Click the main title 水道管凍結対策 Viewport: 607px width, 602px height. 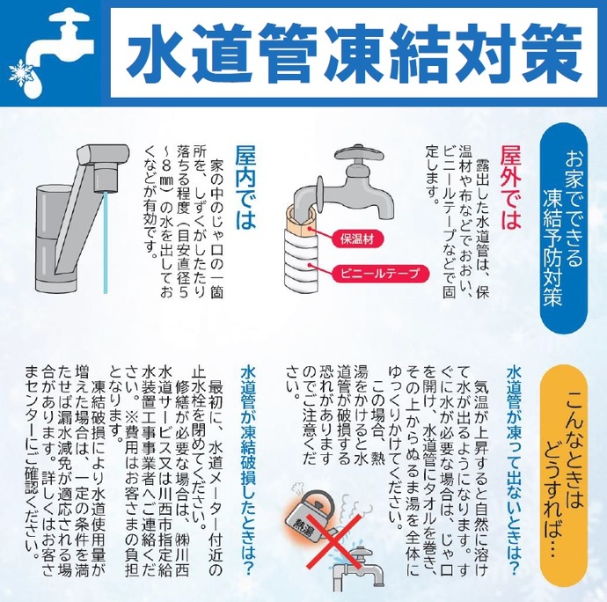point(352,52)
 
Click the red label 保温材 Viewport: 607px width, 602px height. point(355,236)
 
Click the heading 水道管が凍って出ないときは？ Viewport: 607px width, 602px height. point(512,462)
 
